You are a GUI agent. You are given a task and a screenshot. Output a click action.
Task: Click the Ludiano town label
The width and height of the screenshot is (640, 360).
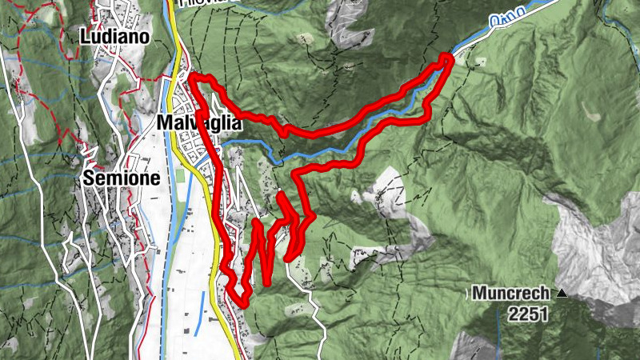tap(116, 37)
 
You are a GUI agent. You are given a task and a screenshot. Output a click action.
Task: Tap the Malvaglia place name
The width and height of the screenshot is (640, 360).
tap(199, 123)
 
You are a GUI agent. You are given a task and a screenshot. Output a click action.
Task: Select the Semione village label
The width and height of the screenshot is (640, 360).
tap(122, 178)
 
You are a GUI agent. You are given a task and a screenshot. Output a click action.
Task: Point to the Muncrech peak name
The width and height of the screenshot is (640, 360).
tap(513, 293)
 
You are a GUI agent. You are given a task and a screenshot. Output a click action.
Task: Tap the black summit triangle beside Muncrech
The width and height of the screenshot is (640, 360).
tap(562, 294)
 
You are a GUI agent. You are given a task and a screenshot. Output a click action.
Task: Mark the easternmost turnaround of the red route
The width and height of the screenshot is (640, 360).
tap(448, 58)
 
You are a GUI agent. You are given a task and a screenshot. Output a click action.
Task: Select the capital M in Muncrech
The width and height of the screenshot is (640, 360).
tap(478, 293)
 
